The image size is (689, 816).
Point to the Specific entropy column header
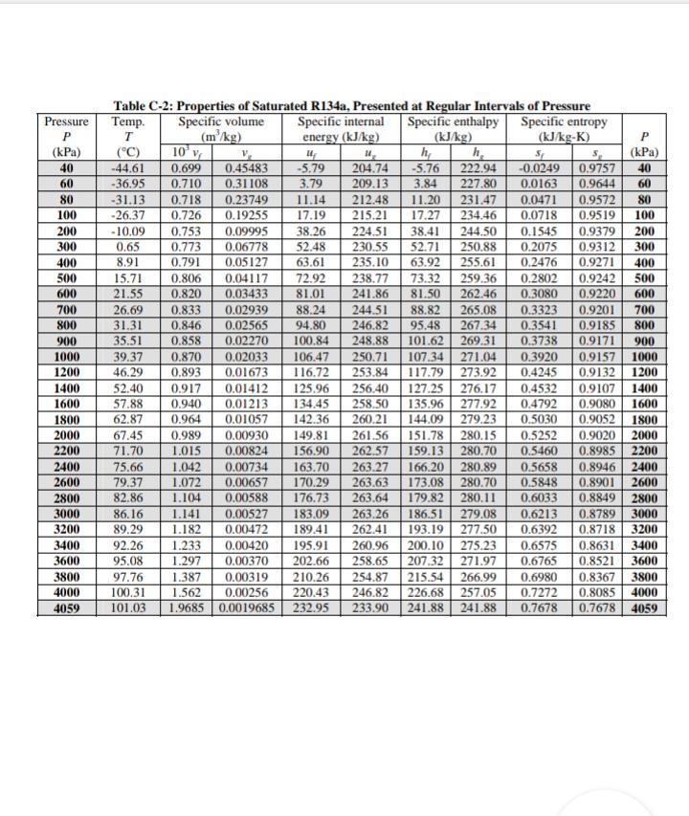[564, 122]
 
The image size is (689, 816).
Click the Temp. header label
[127, 122]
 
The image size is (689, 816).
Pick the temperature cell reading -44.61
[127, 167]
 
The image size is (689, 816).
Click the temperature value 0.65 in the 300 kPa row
[127, 248]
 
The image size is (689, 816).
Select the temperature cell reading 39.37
[127, 356]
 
